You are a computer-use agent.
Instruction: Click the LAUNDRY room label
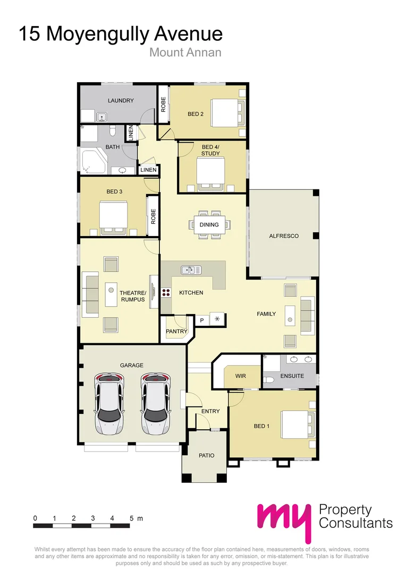click(121, 100)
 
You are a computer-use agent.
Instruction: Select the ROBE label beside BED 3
click(153, 216)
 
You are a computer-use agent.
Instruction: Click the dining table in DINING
click(209, 224)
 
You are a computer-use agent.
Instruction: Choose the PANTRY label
click(176, 332)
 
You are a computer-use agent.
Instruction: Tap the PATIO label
click(206, 455)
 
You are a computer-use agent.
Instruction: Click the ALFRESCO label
click(284, 236)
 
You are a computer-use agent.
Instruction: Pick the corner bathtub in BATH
click(92, 161)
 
